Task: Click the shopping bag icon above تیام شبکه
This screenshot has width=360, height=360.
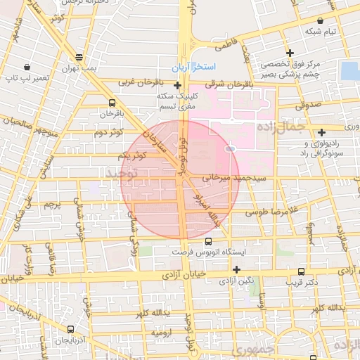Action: tap(321, 20)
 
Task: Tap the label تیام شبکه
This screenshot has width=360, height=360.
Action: tap(321, 32)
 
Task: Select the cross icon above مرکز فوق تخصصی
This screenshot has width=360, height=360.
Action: tap(290, 53)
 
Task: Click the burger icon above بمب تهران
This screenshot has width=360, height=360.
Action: tap(78, 58)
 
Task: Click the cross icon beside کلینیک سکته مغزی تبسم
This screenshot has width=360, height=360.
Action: tap(177, 85)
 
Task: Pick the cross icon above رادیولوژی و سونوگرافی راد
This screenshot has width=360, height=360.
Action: tap(321, 132)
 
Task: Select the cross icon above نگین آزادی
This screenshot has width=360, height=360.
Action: tap(236, 269)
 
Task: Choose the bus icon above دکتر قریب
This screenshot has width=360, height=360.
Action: tap(302, 271)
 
